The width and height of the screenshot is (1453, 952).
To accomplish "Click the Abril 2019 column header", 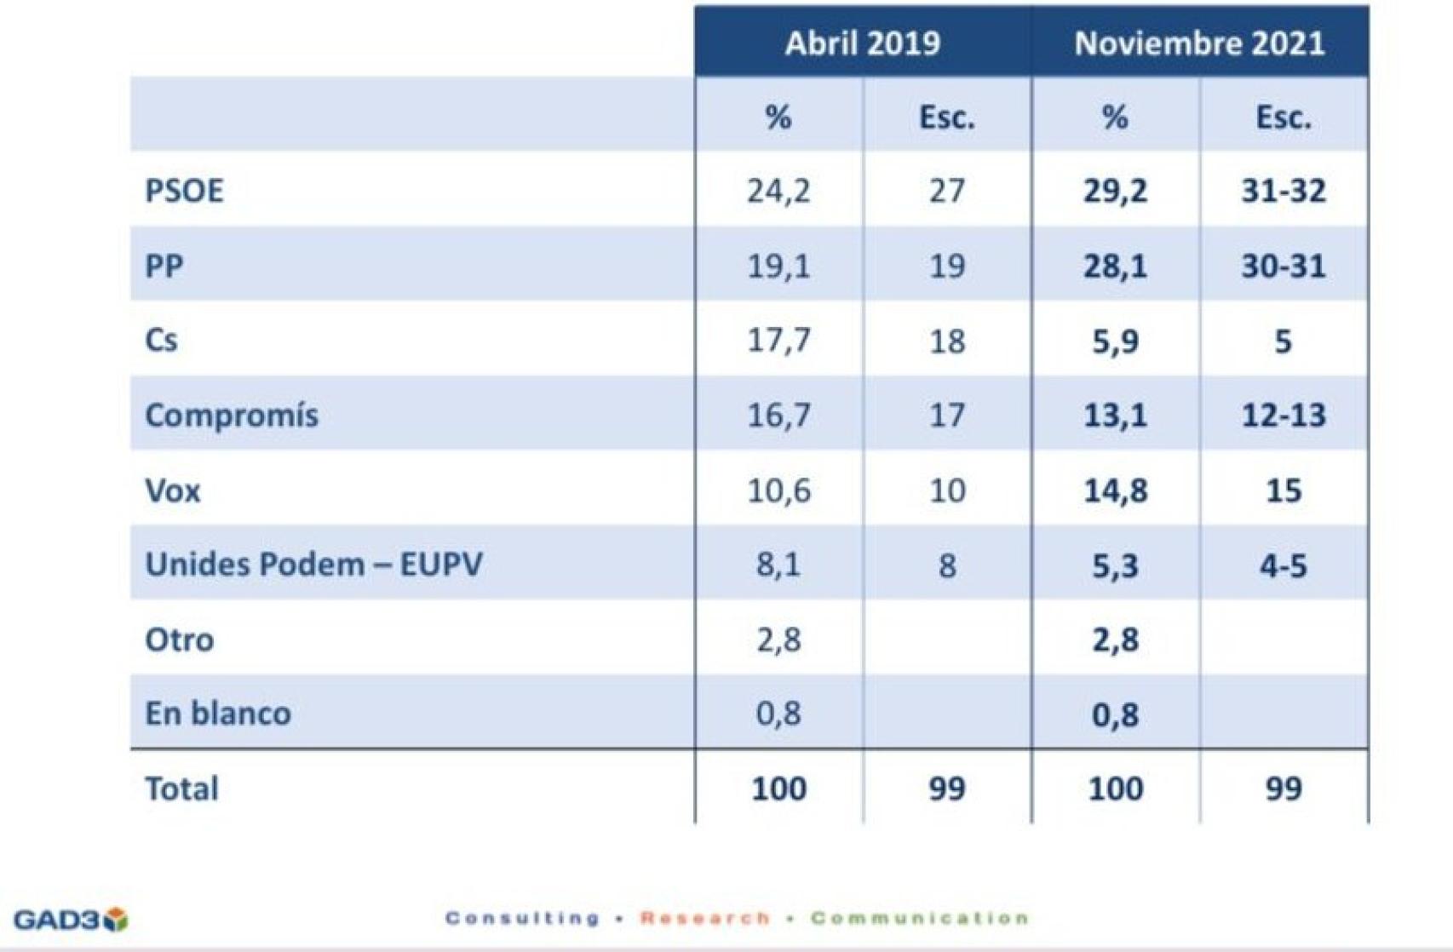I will (862, 43).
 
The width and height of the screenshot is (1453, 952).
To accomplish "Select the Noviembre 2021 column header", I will (1199, 43).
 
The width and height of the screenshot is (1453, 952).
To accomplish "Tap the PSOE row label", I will (184, 191).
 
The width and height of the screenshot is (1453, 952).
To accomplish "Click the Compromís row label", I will (232, 416).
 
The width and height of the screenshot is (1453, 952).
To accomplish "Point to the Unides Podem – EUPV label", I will (313, 565).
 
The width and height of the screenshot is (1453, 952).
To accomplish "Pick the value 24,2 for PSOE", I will (778, 191).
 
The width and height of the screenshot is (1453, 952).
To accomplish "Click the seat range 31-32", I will (1283, 191).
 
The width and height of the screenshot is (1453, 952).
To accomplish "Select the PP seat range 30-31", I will (1283, 266).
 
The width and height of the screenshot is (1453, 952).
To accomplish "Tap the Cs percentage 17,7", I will (778, 341).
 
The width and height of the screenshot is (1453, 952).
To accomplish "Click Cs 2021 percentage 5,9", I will (1115, 341).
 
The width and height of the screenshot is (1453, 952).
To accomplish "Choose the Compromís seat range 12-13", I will (1283, 416).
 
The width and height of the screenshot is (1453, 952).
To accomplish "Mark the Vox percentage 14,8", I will (1115, 490).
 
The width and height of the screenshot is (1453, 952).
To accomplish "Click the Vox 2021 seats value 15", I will (1283, 490).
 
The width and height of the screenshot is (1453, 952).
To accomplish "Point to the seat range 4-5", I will (1283, 565).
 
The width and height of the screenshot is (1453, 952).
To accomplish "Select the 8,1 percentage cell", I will (778, 565).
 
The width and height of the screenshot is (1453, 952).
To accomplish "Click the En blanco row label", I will (218, 714).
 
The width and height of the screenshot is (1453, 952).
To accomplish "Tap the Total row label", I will (181, 789).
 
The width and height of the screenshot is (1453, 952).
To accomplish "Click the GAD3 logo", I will (71, 920).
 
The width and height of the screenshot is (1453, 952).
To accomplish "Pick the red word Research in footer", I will (704, 918).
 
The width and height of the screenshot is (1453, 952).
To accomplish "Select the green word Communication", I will (920, 918).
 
